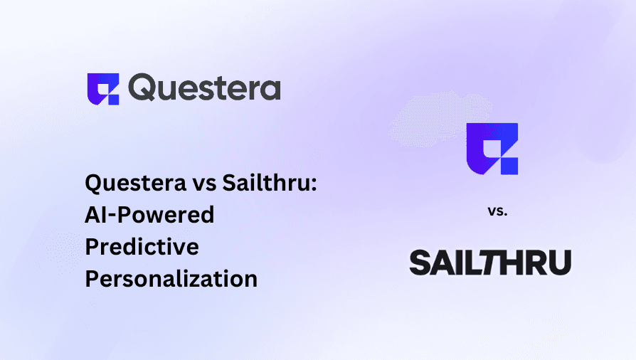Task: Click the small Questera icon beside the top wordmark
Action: pyautogui.click(x=102, y=89)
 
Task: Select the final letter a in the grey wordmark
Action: pyautogui.click(x=270, y=90)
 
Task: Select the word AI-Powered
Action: pyautogui.click(x=149, y=216)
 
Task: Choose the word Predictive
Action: pyautogui.click(x=142, y=247)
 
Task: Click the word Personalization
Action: pyautogui.click(x=171, y=278)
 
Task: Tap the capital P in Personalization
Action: pyautogui.click(x=92, y=278)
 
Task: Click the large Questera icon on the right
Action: pyautogui.click(x=492, y=149)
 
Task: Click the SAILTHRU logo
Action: pyautogui.click(x=490, y=263)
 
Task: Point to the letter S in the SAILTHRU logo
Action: pyautogui.click(x=421, y=263)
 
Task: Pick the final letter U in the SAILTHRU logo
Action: pyautogui.click(x=561, y=263)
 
